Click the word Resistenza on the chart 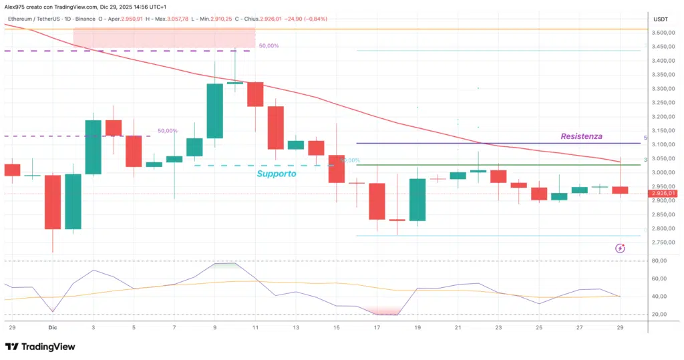click(580, 136)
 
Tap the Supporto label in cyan click(277, 174)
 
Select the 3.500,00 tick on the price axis click(663, 33)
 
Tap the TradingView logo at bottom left click(40, 347)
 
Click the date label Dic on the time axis click(53, 329)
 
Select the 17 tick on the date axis click(377, 329)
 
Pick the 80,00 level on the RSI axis click(661, 261)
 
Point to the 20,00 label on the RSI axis click(661, 315)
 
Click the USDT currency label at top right click(661, 19)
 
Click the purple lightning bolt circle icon click(620, 248)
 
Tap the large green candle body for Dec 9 click(214, 111)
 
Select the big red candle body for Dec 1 click(53, 202)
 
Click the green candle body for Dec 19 click(417, 200)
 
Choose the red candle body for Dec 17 click(377, 201)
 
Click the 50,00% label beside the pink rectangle click(269, 46)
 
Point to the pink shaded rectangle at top click(164, 38)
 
